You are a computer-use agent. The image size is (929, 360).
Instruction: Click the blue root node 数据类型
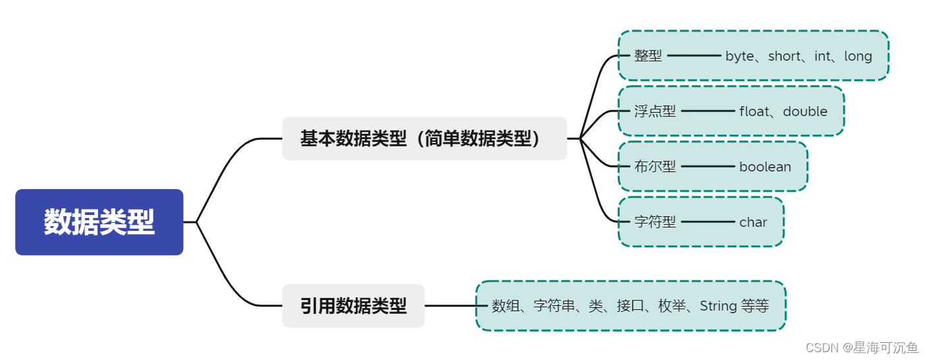tap(99, 222)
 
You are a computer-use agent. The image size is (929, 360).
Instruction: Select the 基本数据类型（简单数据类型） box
tap(424, 138)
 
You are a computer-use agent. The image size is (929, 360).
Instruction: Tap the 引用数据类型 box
tap(353, 306)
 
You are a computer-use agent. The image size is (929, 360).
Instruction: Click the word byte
tap(739, 57)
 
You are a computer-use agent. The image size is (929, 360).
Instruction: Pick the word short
tap(784, 57)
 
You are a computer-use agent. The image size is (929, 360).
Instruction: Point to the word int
tap(822, 57)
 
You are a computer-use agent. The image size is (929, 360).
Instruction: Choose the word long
tap(858, 57)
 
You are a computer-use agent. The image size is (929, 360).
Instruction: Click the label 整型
tap(648, 56)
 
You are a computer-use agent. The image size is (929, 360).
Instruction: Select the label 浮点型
tap(655, 111)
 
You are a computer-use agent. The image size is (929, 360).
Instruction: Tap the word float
tap(754, 111)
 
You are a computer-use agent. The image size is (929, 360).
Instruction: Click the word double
tap(805, 111)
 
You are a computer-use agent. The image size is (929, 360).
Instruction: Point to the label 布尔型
tap(655, 167)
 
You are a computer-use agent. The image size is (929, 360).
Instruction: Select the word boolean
tap(765, 167)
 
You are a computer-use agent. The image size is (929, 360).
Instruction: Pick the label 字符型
tap(655, 222)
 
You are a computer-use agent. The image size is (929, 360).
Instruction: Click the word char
tap(753, 222)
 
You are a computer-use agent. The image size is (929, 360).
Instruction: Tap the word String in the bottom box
tap(718, 306)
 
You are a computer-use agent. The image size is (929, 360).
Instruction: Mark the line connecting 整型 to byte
tap(694, 56)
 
